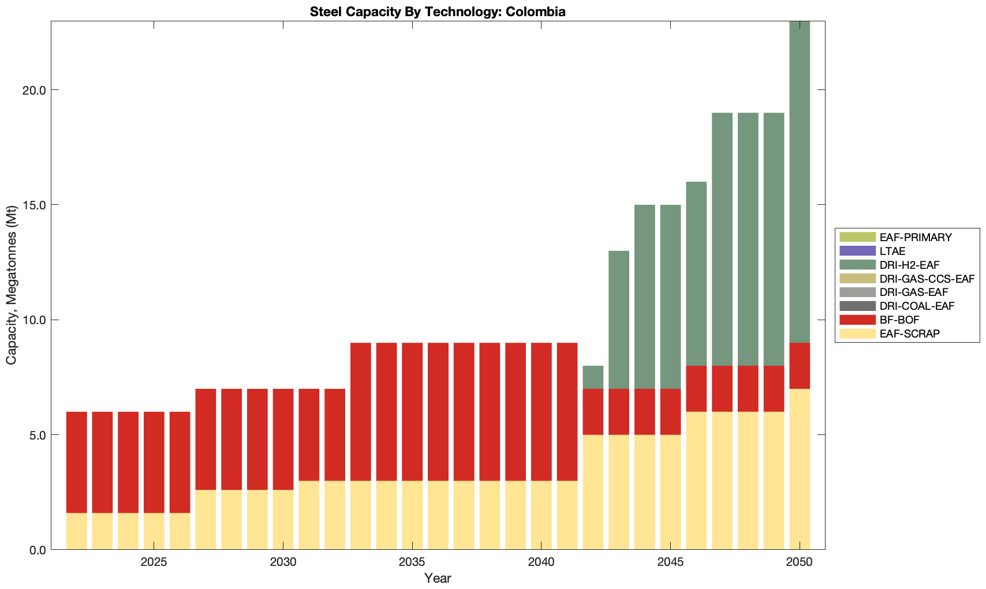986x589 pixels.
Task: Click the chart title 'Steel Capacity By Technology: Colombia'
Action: point(438,12)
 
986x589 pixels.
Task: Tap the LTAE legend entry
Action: point(892,251)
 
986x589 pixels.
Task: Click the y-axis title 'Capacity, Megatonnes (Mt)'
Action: point(12,286)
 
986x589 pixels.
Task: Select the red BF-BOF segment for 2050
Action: point(800,366)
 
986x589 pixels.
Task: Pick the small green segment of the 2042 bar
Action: point(593,377)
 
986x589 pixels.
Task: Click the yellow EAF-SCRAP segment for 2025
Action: point(154,531)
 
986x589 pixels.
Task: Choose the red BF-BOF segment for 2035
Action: point(412,412)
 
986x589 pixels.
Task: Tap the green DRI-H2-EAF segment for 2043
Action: point(619,320)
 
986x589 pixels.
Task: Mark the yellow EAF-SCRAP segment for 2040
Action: point(541,515)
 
